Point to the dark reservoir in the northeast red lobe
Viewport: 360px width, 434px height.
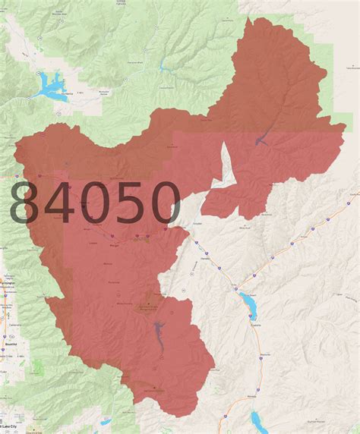pos(262,140)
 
